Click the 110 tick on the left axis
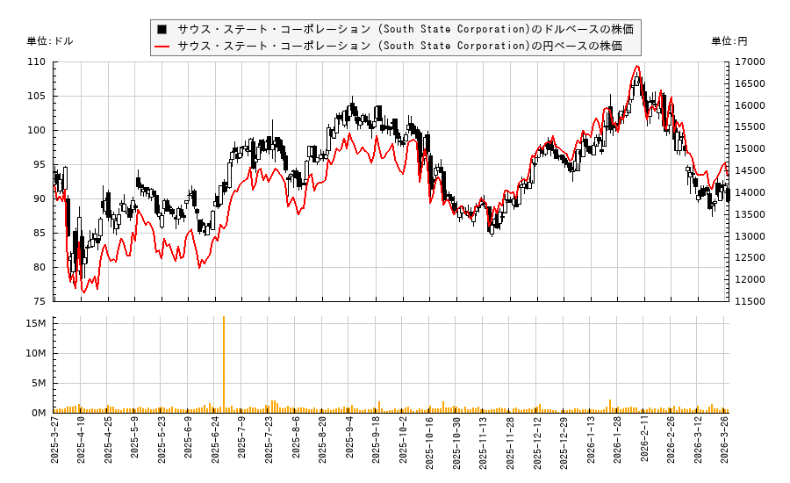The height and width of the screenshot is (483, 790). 38,62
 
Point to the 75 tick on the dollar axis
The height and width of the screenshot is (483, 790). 40,301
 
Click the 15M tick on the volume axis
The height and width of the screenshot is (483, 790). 35,323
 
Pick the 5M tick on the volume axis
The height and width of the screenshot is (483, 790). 38,383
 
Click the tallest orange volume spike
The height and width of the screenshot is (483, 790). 224,318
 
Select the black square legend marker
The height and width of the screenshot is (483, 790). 162,28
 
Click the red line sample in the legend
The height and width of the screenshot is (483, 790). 162,46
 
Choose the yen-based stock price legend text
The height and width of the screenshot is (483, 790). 399,46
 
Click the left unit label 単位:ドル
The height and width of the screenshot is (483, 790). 50,41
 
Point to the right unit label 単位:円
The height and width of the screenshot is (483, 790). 729,41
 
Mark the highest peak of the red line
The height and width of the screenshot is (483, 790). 637,67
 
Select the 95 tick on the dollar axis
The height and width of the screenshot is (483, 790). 40,164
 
